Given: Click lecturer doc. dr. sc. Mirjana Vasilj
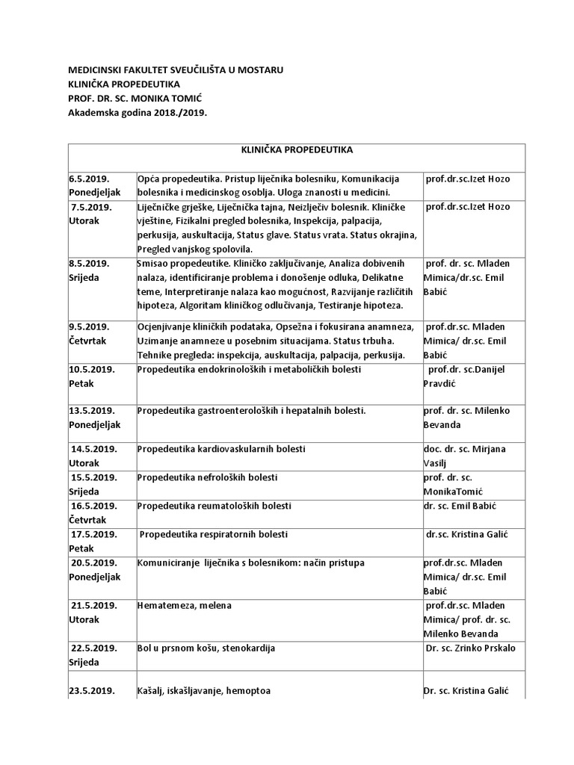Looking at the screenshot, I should pos(464,456).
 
